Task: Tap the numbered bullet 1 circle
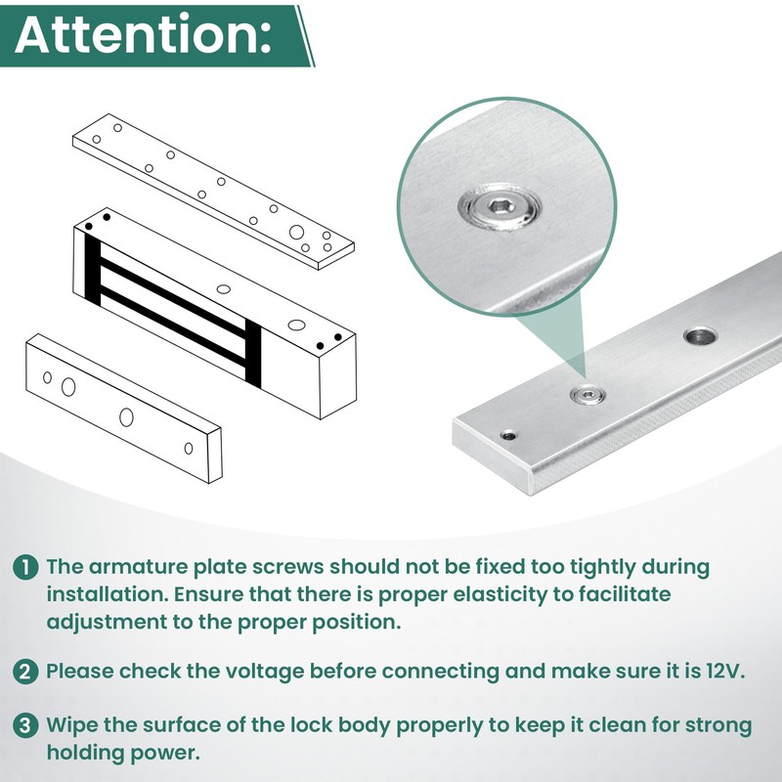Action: [x=26, y=568]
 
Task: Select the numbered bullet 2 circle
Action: [x=26, y=672]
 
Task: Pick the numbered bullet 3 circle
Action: [x=26, y=726]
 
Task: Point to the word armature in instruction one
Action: [x=127, y=568]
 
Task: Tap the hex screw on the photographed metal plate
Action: [x=588, y=394]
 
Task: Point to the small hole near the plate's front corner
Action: [x=507, y=435]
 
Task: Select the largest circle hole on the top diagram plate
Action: [x=296, y=233]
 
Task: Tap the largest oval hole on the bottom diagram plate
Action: [x=67, y=387]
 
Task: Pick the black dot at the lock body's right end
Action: [x=337, y=337]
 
